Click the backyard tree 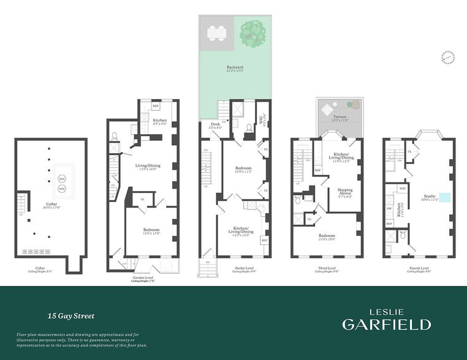[251, 34]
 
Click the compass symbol [448, 58]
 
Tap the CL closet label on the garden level [143, 199]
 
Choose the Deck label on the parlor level [216, 124]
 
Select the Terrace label [340, 117]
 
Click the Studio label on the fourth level [429, 197]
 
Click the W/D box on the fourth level [403, 189]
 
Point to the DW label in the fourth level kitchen [389, 209]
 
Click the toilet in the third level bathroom [297, 199]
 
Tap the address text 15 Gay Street [71, 317]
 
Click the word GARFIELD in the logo [385, 324]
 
